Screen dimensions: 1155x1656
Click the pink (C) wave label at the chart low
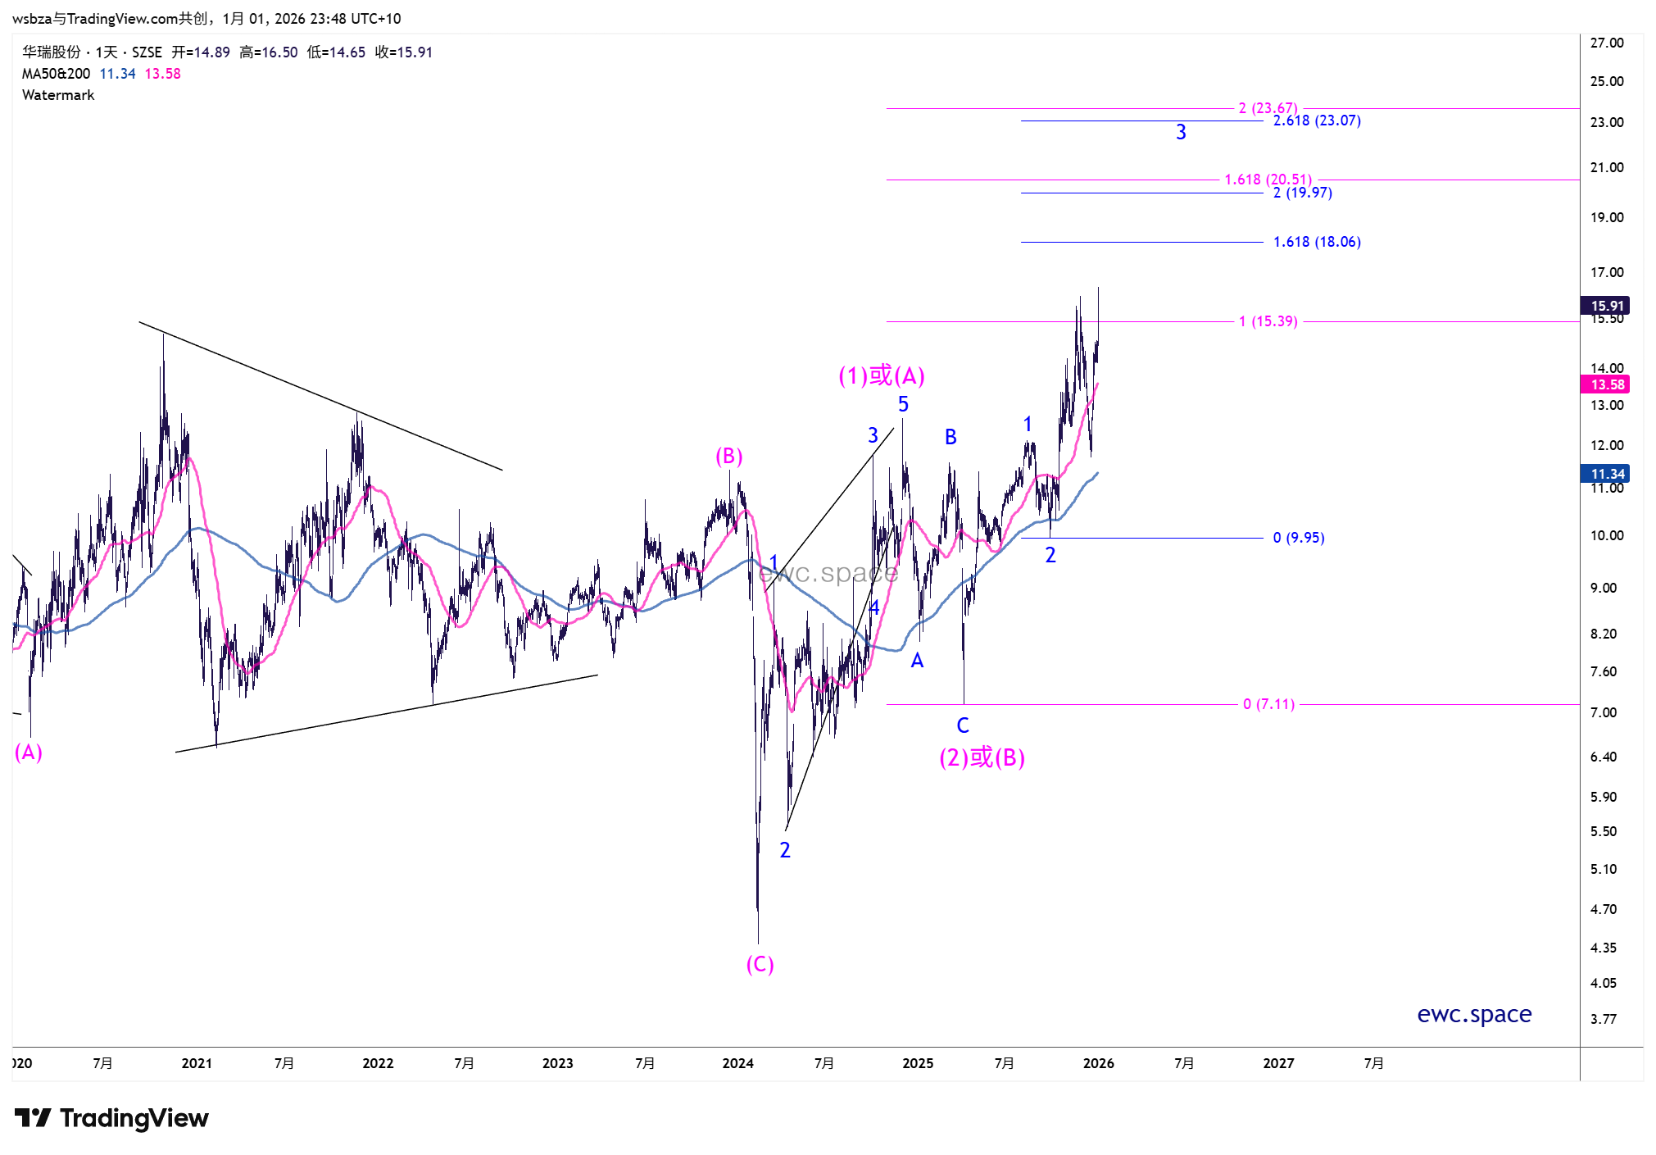(x=760, y=964)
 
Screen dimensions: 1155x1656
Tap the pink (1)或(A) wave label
(x=881, y=375)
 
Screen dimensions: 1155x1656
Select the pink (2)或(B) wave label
(x=982, y=757)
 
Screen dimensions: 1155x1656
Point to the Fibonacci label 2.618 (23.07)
(x=1316, y=121)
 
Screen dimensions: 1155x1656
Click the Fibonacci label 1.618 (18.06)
(x=1316, y=242)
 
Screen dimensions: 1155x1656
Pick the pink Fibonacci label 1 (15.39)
(x=1268, y=321)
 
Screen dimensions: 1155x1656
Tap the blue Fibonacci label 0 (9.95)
(x=1298, y=538)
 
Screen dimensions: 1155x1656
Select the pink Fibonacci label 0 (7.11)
(x=1268, y=704)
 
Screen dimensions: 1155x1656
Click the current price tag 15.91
(x=1607, y=306)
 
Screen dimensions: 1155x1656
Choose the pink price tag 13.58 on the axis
(x=1607, y=384)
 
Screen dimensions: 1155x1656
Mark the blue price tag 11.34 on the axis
(x=1607, y=474)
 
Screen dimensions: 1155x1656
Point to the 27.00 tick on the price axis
(x=1606, y=43)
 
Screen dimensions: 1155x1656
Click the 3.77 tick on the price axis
(x=1603, y=1019)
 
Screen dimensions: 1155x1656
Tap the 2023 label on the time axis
(x=557, y=1063)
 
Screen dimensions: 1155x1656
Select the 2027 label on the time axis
(x=1278, y=1063)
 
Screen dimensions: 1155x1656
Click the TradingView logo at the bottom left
(x=111, y=1118)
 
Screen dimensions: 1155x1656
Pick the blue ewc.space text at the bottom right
(x=1474, y=1014)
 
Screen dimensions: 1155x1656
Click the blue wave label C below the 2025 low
(x=963, y=725)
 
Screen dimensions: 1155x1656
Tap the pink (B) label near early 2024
(x=728, y=456)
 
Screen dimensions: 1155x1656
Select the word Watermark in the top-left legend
(x=58, y=95)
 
